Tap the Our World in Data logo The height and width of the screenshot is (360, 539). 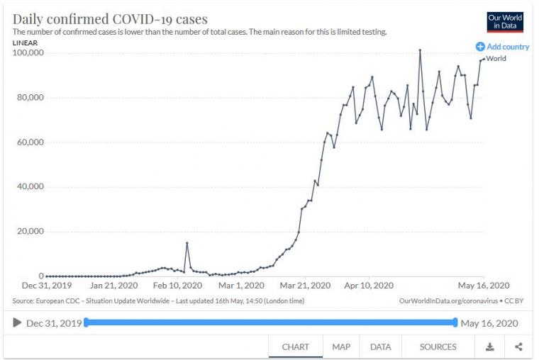505,21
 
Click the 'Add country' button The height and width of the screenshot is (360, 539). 503,47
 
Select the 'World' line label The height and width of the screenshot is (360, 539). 496,58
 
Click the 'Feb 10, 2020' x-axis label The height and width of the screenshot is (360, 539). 177,286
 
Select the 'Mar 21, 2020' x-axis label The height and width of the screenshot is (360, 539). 306,286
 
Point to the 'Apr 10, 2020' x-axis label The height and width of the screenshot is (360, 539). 369,286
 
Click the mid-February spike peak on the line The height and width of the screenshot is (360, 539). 187,243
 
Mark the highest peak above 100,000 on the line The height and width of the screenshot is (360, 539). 420,50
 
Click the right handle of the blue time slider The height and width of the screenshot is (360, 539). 455,322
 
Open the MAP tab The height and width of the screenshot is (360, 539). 341,347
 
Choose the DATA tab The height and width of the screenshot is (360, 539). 380,347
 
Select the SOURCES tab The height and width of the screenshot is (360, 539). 438,347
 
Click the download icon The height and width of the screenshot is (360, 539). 489,347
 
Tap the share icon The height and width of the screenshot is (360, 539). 518,347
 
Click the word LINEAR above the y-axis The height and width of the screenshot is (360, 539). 25,43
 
